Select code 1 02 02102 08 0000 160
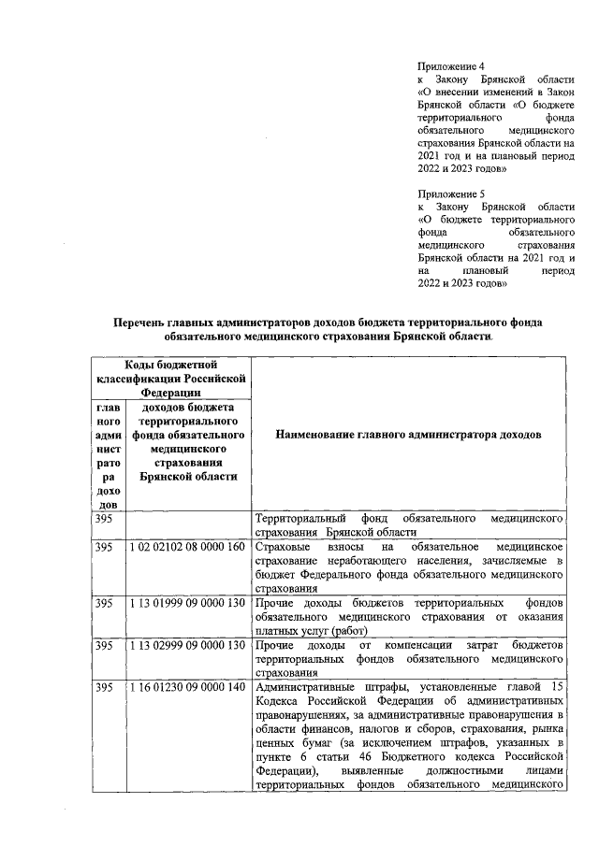click(187, 546)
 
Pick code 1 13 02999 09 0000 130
click(187, 647)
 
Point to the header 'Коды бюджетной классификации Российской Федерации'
click(171, 379)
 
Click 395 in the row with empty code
click(105, 518)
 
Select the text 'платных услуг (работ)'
click(313, 631)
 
